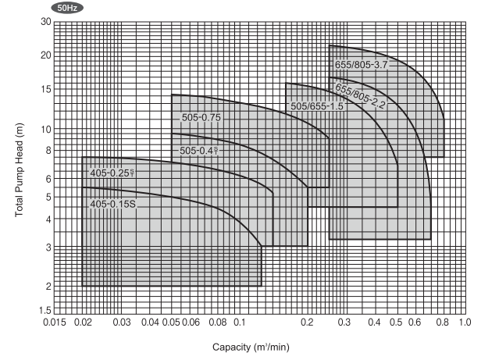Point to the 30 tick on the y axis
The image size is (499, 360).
coord(45,22)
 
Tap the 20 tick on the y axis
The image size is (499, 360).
coord(45,55)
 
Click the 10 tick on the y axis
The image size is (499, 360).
coord(45,130)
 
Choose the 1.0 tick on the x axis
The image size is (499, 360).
coord(465,323)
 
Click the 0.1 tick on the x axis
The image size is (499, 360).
coord(240,323)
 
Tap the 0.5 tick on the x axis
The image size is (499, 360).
coord(397,323)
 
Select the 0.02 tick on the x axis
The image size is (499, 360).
coord(83,323)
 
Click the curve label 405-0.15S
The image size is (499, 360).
coord(113,205)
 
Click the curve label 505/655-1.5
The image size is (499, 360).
coord(317,106)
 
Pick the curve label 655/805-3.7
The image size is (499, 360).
coord(361,66)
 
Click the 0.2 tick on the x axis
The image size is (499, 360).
coord(308,323)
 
